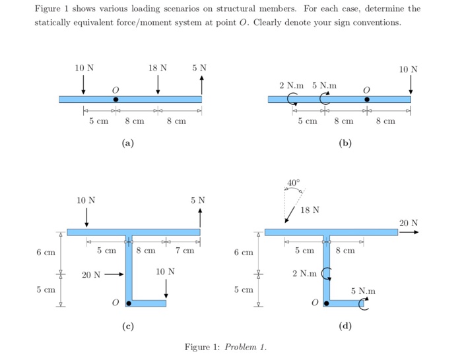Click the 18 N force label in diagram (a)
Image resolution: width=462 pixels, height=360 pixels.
158,68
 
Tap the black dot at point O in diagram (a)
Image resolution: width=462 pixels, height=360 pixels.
115,100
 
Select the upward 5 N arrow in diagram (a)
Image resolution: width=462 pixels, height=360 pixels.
201,84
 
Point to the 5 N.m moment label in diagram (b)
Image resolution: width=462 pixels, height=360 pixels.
324,85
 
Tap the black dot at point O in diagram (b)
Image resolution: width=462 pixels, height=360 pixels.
367,100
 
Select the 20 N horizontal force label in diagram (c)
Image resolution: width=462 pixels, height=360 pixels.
92,275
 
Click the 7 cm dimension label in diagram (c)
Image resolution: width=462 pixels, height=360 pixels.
185,251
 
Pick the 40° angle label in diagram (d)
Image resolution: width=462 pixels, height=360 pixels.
293,182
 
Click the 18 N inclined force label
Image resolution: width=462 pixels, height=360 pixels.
310,210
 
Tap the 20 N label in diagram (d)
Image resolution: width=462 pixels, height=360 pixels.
409,223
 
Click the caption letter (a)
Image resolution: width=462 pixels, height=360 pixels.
128,142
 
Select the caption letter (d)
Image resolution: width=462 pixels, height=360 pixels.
345,326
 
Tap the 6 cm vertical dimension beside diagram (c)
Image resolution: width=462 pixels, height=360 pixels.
46,253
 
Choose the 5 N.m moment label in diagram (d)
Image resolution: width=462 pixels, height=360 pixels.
363,290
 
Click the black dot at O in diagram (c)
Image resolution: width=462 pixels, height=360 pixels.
128,303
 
